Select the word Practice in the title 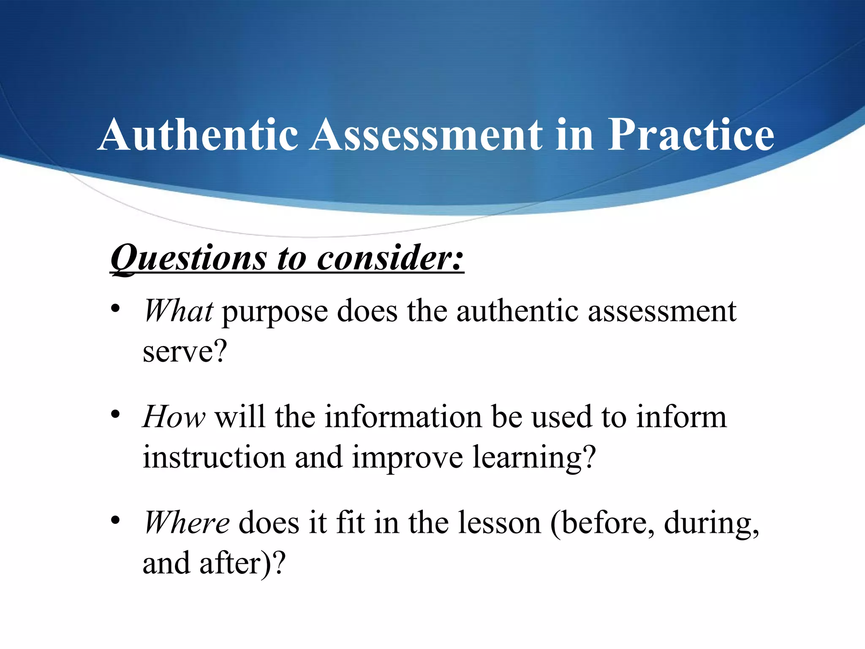[691, 134]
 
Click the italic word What [178, 311]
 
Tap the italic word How [174, 417]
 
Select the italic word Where [187, 523]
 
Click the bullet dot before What [115, 309]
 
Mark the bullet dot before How [115, 414]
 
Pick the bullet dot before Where [115, 521]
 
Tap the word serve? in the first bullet [185, 352]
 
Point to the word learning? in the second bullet [534, 458]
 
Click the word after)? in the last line [242, 564]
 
